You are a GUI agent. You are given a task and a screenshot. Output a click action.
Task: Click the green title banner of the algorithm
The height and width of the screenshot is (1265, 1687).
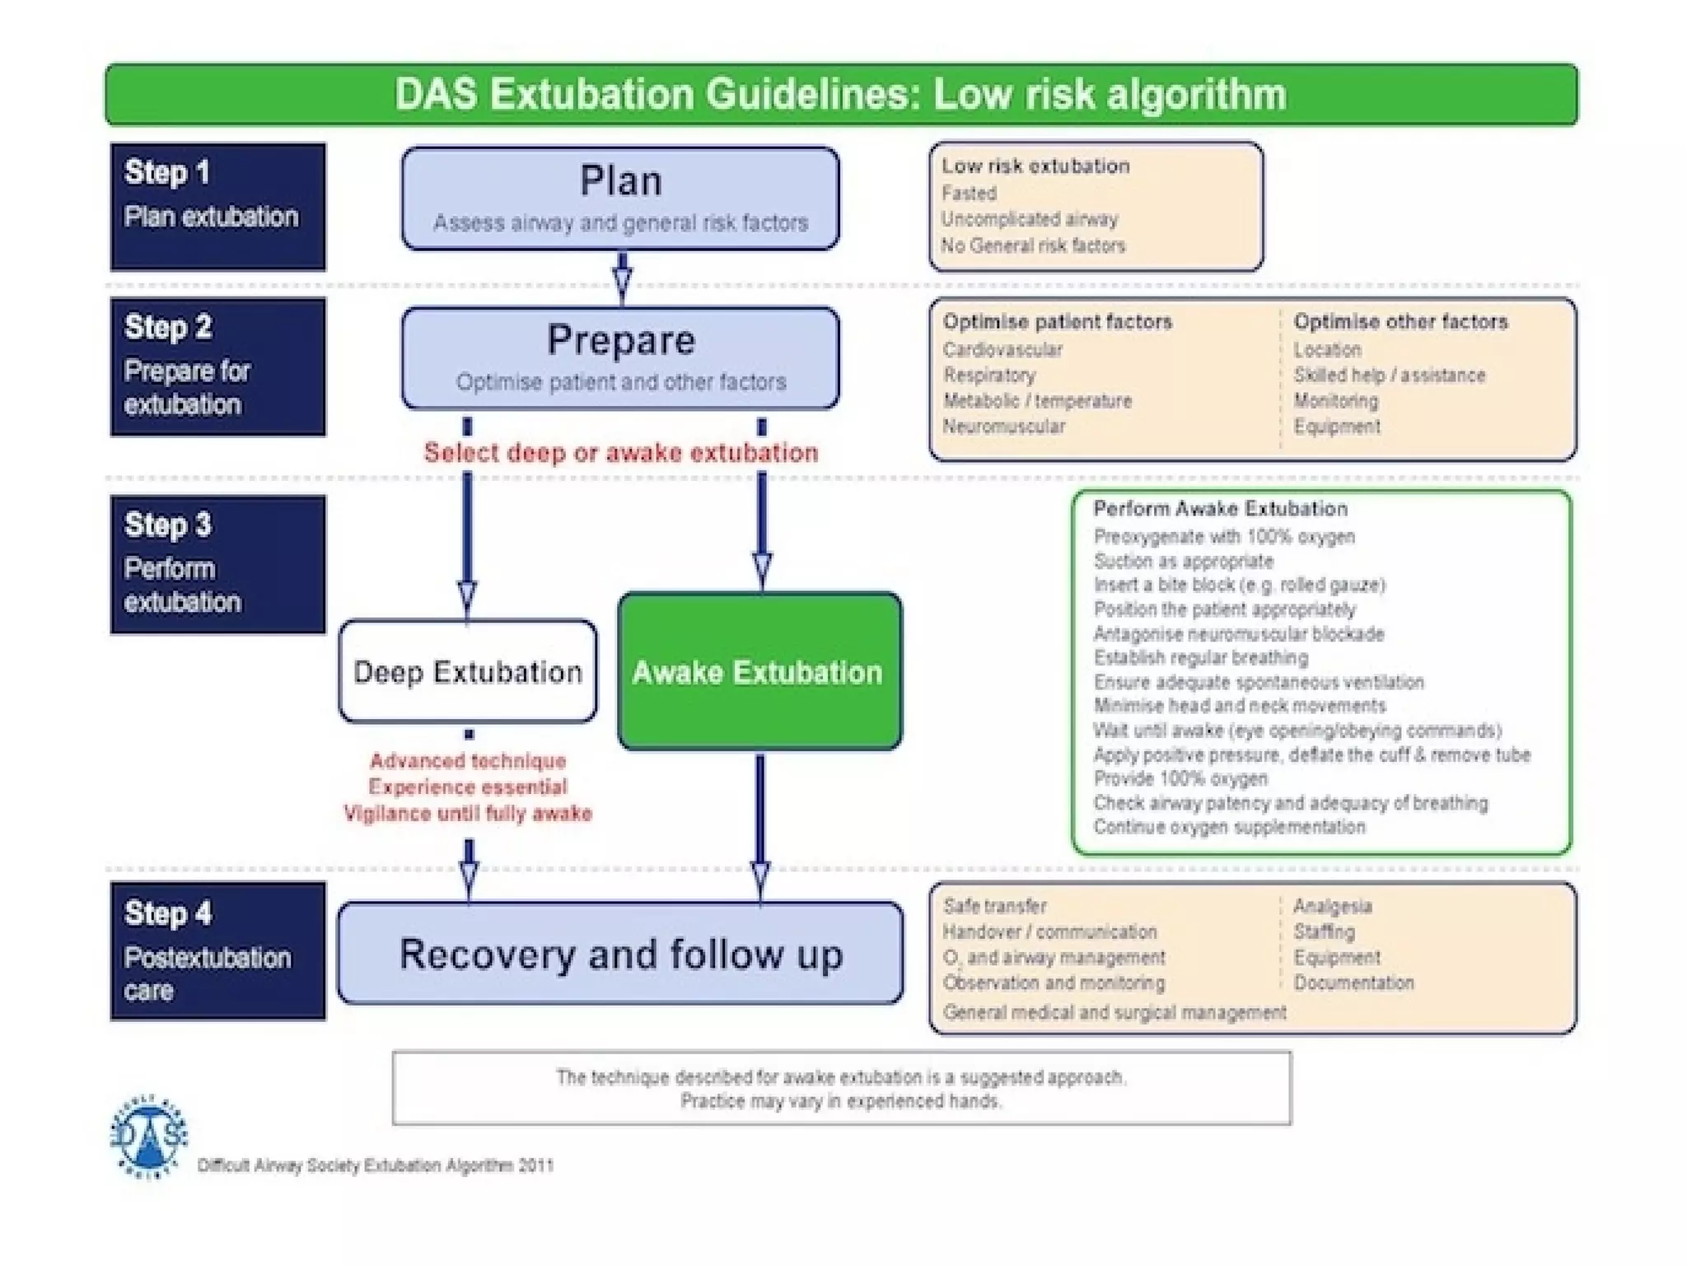pyautogui.click(x=840, y=94)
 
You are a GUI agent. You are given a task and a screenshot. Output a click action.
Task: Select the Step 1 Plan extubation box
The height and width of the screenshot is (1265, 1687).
pyautogui.click(x=217, y=206)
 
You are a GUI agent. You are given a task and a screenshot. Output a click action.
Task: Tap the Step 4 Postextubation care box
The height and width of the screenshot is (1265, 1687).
pyautogui.click(x=217, y=950)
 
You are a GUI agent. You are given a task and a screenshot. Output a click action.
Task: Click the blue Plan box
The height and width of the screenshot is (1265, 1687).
pyautogui.click(x=620, y=198)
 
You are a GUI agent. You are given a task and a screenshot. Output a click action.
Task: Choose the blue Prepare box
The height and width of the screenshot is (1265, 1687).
pyautogui.click(x=620, y=357)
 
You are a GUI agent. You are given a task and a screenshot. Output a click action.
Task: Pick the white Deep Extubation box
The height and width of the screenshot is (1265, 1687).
pyautogui.click(x=467, y=671)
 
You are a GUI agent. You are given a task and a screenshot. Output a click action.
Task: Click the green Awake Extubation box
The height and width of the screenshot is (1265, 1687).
pyautogui.click(x=759, y=671)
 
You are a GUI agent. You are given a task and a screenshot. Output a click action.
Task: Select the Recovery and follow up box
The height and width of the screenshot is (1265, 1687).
pyautogui.click(x=620, y=953)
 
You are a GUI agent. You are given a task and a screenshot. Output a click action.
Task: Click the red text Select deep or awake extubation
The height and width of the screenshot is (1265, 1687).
pyautogui.click(x=620, y=452)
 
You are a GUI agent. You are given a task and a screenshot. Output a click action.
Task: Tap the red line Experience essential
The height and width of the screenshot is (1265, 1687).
pyautogui.click(x=467, y=787)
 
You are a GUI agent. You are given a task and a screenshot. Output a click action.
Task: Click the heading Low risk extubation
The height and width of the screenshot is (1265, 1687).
pyautogui.click(x=1035, y=166)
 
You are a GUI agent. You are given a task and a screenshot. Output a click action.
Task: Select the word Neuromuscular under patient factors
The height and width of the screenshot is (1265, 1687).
pyautogui.click(x=1003, y=427)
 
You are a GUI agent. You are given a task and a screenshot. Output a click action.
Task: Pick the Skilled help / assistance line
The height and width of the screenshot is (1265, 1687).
pyautogui.click(x=1389, y=376)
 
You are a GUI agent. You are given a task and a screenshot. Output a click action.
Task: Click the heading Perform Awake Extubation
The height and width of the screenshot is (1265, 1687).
pyautogui.click(x=1220, y=509)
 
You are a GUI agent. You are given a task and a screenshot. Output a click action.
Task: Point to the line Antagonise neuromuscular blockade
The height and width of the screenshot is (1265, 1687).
pyautogui.click(x=1238, y=634)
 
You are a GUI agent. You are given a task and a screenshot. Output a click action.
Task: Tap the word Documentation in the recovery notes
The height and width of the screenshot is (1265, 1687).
pyautogui.click(x=1353, y=983)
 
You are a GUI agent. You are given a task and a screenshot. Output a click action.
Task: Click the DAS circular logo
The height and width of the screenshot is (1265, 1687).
pyautogui.click(x=149, y=1137)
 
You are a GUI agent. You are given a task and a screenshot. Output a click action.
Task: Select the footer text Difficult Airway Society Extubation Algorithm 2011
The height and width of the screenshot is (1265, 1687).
pyautogui.click(x=376, y=1165)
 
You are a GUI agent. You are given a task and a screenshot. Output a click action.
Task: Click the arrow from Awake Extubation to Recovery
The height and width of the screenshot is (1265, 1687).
pyautogui.click(x=760, y=824)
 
